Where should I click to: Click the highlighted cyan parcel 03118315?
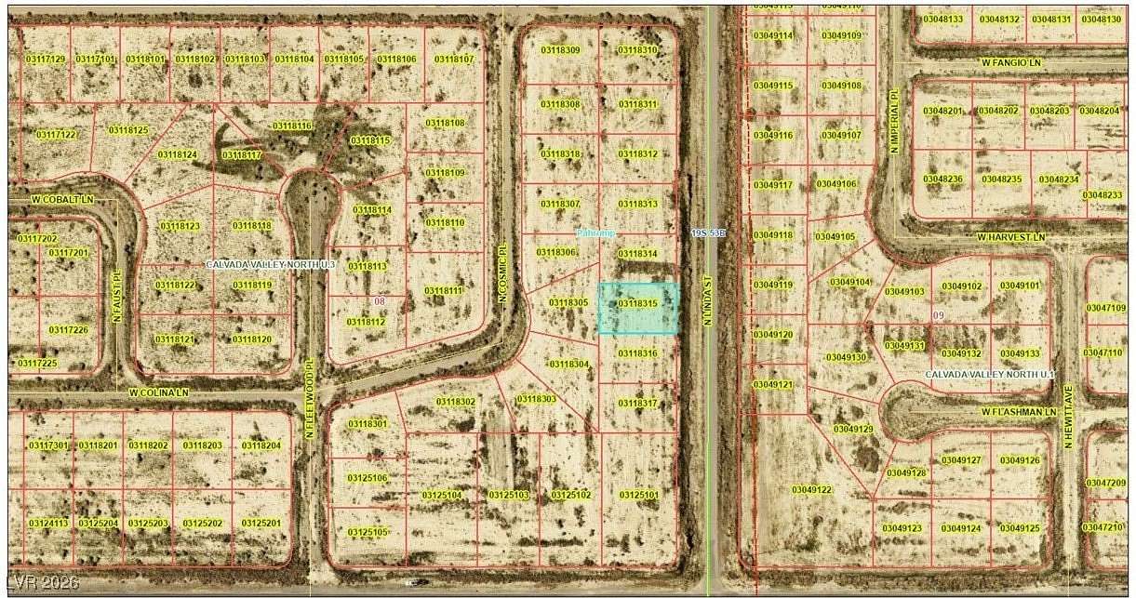pyautogui.click(x=638, y=308)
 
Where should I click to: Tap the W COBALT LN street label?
pyautogui.click(x=63, y=200)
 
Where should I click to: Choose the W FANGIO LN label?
pyautogui.click(x=1012, y=62)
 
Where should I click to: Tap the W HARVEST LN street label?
pyautogui.click(x=1011, y=237)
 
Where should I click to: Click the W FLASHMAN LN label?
pyautogui.click(x=1020, y=411)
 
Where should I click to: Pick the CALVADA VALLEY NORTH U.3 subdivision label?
pyautogui.click(x=270, y=265)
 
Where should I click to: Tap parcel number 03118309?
pyautogui.click(x=560, y=50)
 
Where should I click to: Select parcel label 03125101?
pyautogui.click(x=638, y=495)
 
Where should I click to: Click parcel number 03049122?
pyautogui.click(x=811, y=489)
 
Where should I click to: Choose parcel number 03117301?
pyautogui.click(x=47, y=445)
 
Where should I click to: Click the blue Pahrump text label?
pyautogui.click(x=595, y=233)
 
